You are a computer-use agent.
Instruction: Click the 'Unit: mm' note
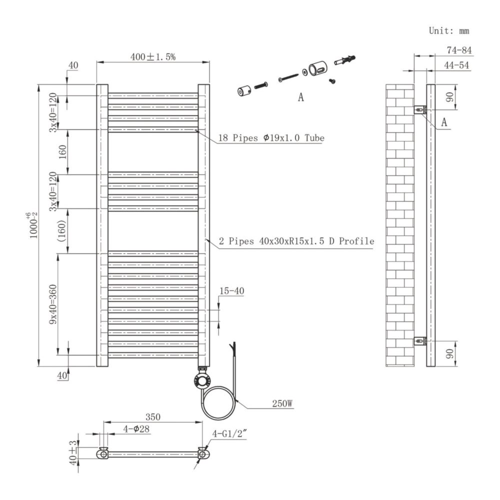(x=448, y=30)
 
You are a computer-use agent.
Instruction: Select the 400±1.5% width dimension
(x=152, y=57)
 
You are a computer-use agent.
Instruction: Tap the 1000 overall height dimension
(x=33, y=225)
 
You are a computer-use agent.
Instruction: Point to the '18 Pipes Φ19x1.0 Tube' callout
(x=271, y=138)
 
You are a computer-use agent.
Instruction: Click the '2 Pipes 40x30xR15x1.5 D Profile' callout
(x=296, y=241)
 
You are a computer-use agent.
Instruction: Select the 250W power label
(x=282, y=403)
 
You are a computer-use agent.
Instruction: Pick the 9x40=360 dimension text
(x=53, y=304)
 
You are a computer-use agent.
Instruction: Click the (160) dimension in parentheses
(x=62, y=230)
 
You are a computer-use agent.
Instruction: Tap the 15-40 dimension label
(x=232, y=291)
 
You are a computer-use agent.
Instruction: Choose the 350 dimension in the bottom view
(x=152, y=417)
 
